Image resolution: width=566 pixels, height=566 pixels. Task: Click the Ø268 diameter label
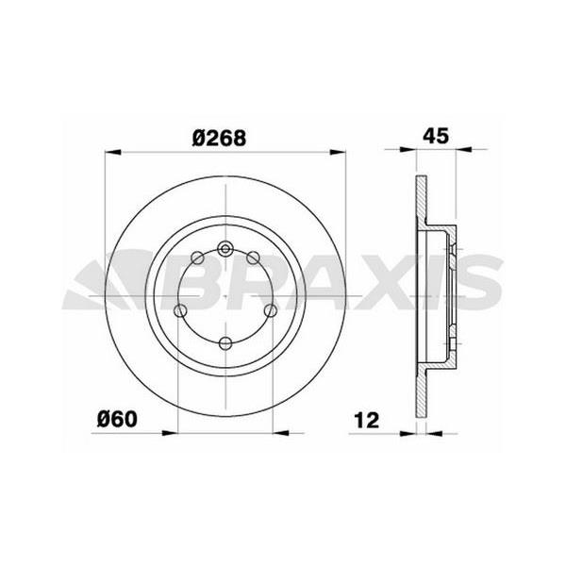click(x=219, y=138)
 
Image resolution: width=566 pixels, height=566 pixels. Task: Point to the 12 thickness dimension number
click(x=368, y=419)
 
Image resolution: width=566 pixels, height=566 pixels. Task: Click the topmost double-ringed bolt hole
click(x=226, y=249)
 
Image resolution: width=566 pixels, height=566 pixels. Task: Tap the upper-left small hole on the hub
click(x=196, y=258)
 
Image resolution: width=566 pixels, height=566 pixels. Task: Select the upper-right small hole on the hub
click(x=256, y=258)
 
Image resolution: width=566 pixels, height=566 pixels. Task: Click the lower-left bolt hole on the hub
click(x=182, y=310)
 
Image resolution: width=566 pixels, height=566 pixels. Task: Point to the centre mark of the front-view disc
click(x=226, y=296)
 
